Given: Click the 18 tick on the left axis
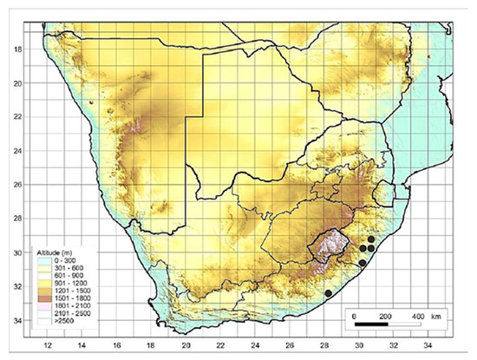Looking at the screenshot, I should pyautogui.click(x=15, y=49).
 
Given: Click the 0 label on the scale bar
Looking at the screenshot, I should pyautogui.click(x=356, y=316).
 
